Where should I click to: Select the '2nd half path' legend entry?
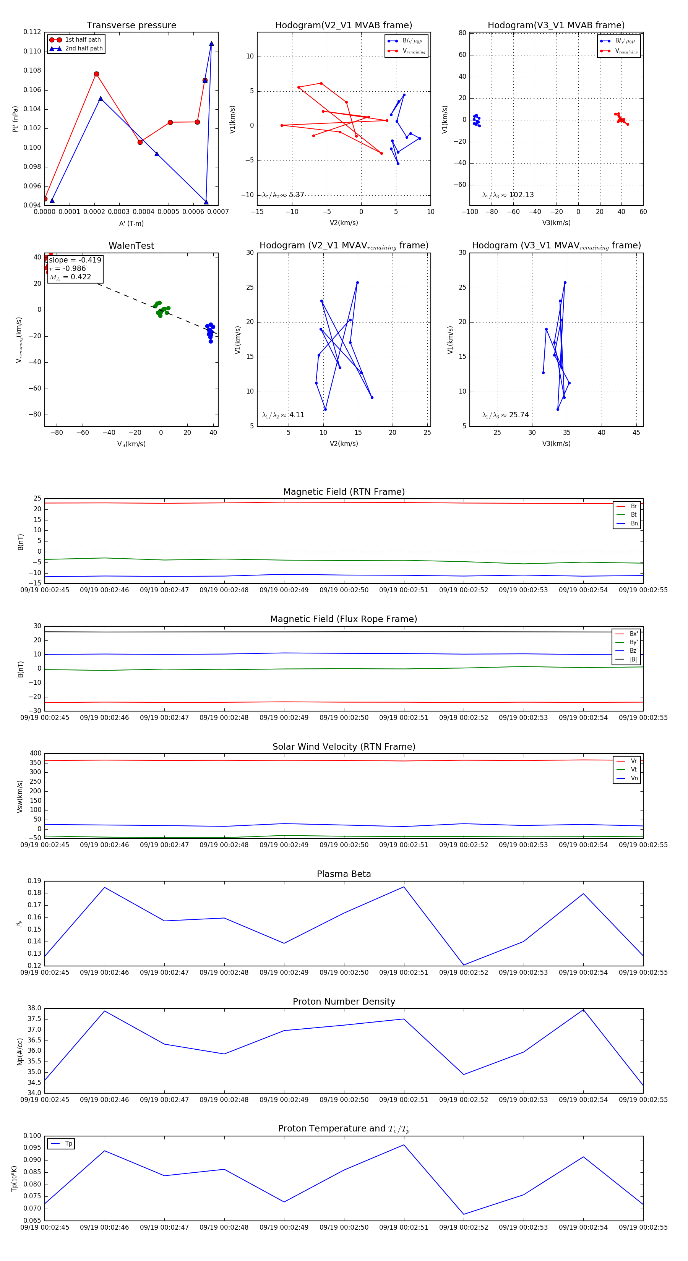tap(84, 49)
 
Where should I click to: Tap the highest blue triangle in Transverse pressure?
tap(211, 44)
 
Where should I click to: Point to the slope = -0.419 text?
tap(75, 260)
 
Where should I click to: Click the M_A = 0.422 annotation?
tap(70, 277)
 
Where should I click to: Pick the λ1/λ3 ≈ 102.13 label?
tap(508, 195)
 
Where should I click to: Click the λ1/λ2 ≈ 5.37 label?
tap(283, 195)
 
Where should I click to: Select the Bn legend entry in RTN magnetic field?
tap(634, 523)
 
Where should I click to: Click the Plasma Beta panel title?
tap(344, 874)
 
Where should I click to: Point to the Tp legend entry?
tap(68, 1144)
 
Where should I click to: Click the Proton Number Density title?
tap(344, 1002)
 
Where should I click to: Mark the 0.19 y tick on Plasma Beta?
tap(34, 881)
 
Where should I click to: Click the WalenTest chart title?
tap(131, 246)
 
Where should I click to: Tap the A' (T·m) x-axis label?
tap(131, 223)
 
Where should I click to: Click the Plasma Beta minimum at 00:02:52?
tap(464, 965)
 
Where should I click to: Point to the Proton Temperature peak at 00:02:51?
tap(404, 1145)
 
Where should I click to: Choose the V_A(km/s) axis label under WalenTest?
tap(131, 444)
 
